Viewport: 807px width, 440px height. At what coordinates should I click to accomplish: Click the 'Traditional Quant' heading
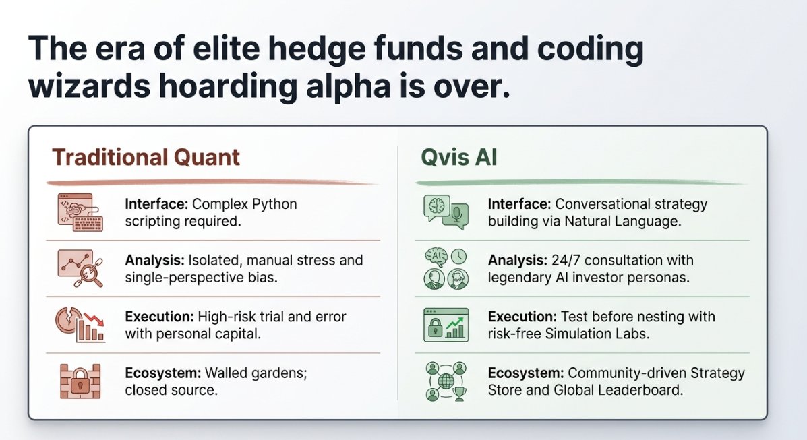[146, 157]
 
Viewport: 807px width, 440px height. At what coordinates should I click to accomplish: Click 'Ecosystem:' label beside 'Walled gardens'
[159, 373]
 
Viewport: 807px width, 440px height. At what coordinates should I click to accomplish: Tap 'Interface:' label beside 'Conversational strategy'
[520, 203]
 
